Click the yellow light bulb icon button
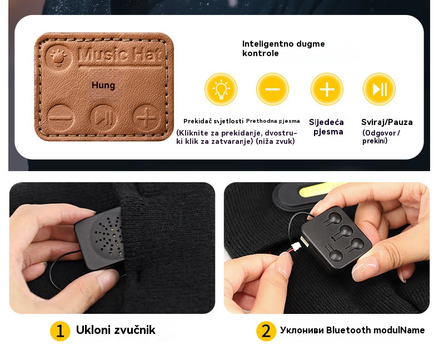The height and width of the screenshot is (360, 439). [x=221, y=89]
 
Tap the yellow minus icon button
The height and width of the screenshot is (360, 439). [x=272, y=89]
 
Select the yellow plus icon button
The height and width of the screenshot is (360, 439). [x=327, y=89]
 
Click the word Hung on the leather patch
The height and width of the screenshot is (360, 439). [x=103, y=86]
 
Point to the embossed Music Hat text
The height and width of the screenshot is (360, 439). [x=121, y=54]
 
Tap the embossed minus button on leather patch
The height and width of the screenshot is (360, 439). [x=61, y=118]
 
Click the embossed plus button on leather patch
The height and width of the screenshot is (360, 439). [x=147, y=118]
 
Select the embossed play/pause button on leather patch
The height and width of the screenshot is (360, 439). [x=103, y=118]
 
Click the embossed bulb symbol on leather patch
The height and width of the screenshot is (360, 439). [x=58, y=57]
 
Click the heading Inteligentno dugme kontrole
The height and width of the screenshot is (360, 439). [x=283, y=48]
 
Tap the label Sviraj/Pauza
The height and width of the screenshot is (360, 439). [x=387, y=122]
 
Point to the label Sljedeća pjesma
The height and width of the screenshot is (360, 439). [x=327, y=127]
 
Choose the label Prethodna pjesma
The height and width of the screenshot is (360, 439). [x=273, y=121]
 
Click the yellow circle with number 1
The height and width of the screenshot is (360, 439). [x=60, y=331]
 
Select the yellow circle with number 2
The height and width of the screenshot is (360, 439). [x=266, y=331]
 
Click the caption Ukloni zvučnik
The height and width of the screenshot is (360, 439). [x=116, y=330]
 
